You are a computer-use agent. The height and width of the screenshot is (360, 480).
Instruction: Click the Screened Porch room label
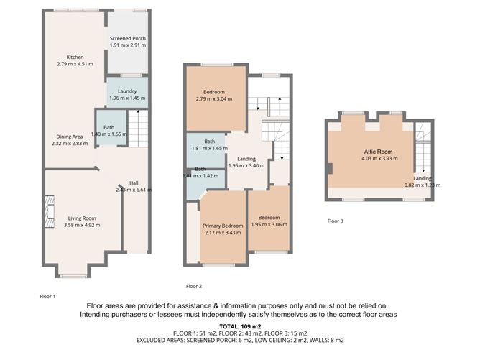click(x=127, y=38)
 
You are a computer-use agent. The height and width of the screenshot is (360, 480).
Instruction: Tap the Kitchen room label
click(x=75, y=57)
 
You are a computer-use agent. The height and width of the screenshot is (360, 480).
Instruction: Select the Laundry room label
click(x=127, y=91)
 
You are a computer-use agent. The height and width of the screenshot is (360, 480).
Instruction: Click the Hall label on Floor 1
click(x=134, y=183)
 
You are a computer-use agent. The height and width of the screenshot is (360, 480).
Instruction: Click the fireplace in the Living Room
click(x=48, y=213)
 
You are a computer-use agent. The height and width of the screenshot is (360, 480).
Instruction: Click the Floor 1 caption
click(x=47, y=296)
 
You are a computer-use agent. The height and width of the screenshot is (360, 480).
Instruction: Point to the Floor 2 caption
click(x=194, y=286)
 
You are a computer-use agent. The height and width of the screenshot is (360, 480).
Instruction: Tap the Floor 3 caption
click(x=335, y=221)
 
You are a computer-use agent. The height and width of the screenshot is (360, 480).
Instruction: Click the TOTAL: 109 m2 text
click(x=241, y=327)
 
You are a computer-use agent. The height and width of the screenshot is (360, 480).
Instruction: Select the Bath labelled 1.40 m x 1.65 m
click(x=109, y=134)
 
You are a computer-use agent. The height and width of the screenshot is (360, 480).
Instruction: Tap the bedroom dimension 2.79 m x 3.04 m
click(x=213, y=98)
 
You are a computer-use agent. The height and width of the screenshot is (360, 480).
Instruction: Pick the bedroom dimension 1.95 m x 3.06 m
click(x=269, y=225)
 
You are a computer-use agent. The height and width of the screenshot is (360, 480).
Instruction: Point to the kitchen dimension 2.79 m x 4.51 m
click(x=75, y=64)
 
